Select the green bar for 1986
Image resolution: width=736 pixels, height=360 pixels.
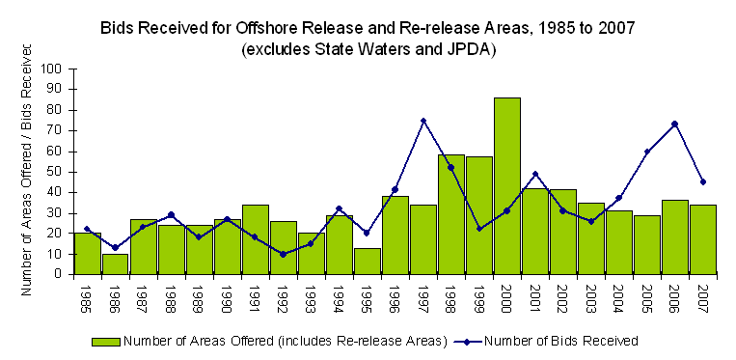116,263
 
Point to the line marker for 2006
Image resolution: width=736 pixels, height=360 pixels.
675,124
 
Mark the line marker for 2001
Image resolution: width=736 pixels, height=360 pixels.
535,174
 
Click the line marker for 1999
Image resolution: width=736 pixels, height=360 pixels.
479,229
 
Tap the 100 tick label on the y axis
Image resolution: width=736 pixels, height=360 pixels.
50,69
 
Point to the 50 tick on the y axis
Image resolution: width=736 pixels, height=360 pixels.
54,172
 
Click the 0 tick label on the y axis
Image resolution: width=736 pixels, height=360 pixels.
58,274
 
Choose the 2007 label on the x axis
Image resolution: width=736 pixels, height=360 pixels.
703,294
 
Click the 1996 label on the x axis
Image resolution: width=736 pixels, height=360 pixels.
395,294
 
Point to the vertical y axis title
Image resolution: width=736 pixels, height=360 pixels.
28,170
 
